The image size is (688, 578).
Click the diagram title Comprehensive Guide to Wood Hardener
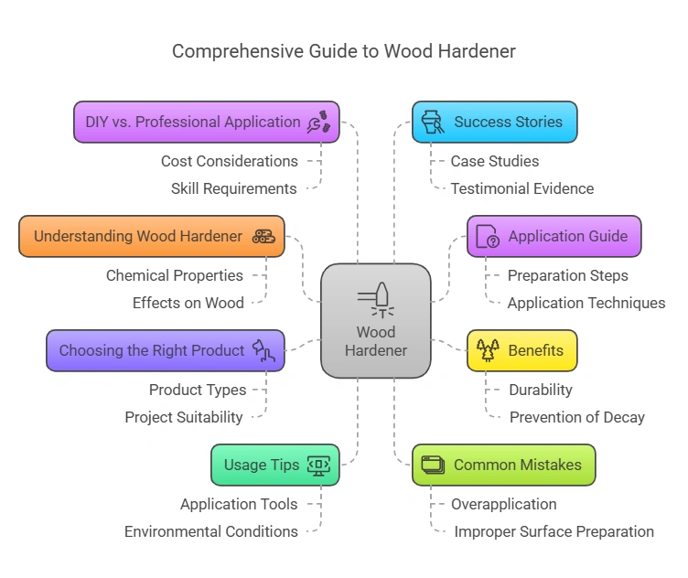[344, 51]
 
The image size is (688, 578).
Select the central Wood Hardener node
[375, 320]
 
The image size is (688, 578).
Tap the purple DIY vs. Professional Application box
[206, 122]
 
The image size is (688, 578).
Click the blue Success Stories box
[494, 122]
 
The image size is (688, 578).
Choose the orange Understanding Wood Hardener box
[151, 236]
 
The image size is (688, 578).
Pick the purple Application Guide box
[554, 236]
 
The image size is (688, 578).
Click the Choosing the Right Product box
[165, 350]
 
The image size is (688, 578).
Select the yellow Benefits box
[521, 350]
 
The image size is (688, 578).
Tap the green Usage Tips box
[274, 465]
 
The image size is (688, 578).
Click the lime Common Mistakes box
[503, 465]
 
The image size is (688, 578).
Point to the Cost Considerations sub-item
[229, 161]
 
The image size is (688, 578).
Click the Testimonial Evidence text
[521, 188]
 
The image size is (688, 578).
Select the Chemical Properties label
[175, 275]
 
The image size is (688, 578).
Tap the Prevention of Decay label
[576, 417]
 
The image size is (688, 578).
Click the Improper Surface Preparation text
[554, 531]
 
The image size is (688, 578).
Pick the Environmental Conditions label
[210, 531]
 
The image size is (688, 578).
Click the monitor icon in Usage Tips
[318, 465]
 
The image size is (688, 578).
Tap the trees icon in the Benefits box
[485, 350]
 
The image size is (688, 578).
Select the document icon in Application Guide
[488, 237]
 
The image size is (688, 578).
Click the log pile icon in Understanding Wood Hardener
[263, 236]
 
